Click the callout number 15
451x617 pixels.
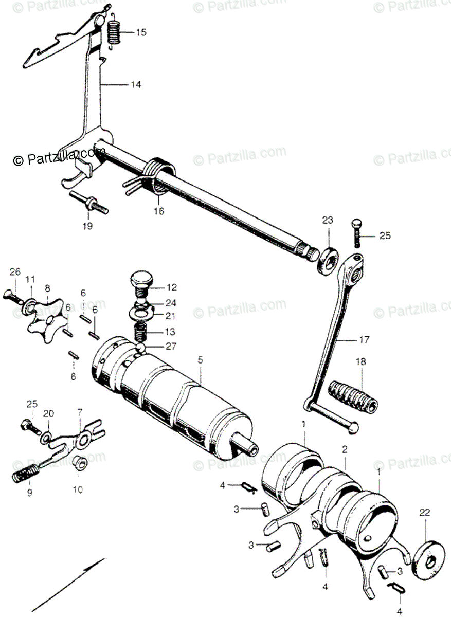pos(141,32)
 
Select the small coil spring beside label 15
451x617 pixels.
pos(114,32)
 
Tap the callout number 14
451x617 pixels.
pos(135,84)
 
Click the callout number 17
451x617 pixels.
pos(364,340)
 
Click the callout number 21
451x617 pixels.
pos(171,315)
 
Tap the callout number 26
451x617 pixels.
pos(14,271)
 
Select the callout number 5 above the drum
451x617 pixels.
pos(200,359)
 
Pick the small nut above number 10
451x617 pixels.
pos(79,462)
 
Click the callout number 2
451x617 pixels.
pos(345,449)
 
